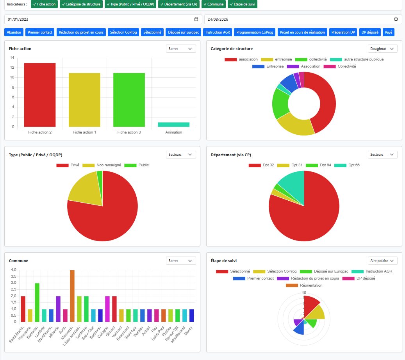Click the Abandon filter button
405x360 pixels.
pyautogui.click(x=14, y=32)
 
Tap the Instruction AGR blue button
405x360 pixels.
pyautogui.click(x=218, y=32)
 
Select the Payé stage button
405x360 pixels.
pyautogui.click(x=389, y=32)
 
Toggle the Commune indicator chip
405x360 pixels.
pyautogui.click(x=214, y=4)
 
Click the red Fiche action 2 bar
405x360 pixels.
pyautogui.click(x=40, y=95)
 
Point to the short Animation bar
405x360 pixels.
pyautogui.click(x=173, y=125)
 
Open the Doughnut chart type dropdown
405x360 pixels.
pyautogui.click(x=382, y=49)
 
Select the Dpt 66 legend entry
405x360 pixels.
pyautogui.click(x=347, y=165)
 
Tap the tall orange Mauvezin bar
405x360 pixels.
pyautogui.click(x=72, y=296)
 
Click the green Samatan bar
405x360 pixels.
pyautogui.click(x=37, y=303)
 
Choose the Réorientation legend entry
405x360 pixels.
pyautogui.click(x=304, y=285)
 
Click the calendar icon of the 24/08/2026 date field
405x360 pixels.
pyautogui.click(x=396, y=19)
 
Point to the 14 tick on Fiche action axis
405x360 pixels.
pyautogui.click(x=12, y=57)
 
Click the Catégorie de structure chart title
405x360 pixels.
pyautogui.click(x=232, y=48)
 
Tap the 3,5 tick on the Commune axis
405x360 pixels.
pyautogui.click(x=13, y=276)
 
